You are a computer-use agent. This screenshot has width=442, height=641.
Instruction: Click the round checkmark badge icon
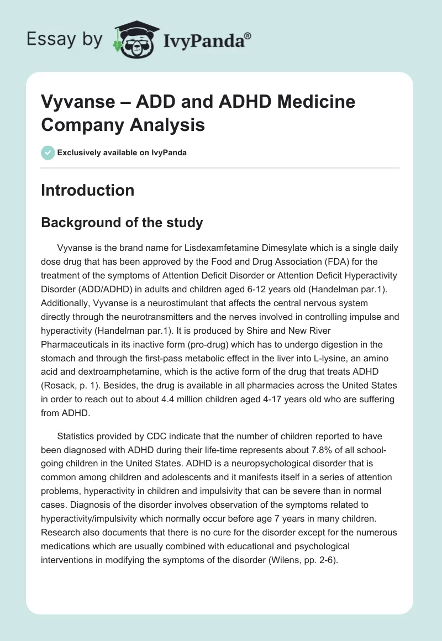[x=48, y=153]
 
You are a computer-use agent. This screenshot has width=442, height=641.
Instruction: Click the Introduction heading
[x=87, y=190]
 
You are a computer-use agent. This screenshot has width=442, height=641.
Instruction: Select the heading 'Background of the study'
[x=122, y=223]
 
